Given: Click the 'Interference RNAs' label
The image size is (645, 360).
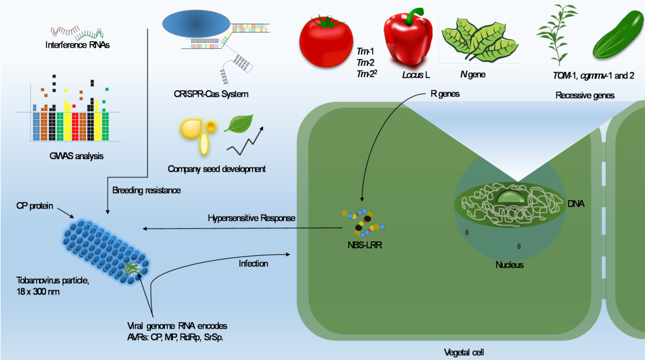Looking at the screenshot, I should point(74,45).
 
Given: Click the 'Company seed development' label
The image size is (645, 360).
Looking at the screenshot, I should point(216,169).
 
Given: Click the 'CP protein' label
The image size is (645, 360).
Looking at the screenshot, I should point(35,205).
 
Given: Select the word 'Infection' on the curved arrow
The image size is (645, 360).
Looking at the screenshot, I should point(253,263).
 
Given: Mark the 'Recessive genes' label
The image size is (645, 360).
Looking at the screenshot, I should point(585,96).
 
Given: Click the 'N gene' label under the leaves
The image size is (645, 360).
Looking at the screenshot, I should point(472,75).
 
